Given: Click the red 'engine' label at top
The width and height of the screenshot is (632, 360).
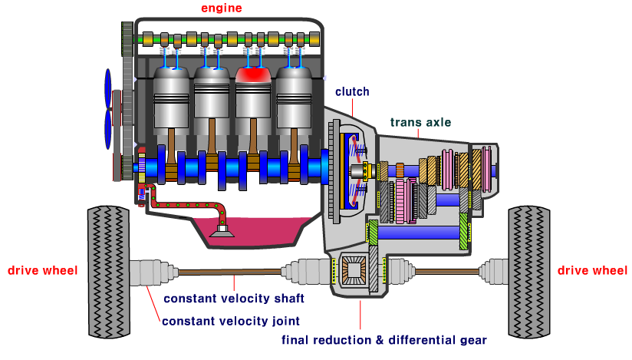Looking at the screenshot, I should pyautogui.click(x=221, y=8).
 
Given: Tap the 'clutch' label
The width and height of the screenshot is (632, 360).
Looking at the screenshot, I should pyautogui.click(x=352, y=91).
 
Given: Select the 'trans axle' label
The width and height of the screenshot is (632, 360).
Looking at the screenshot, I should pyautogui.click(x=420, y=122).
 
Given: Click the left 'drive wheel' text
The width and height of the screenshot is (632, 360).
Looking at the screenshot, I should pyautogui.click(x=42, y=270).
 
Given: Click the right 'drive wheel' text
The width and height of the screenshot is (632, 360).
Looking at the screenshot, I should pyautogui.click(x=592, y=270).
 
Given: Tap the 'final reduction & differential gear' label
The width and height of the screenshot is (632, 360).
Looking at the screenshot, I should pyautogui.click(x=383, y=340).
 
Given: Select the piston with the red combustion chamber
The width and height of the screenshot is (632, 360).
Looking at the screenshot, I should pyautogui.click(x=254, y=100).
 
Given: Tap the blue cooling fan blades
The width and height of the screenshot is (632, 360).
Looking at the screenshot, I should pyautogui.click(x=107, y=107).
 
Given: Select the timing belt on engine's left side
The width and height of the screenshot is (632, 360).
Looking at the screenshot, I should pyautogui.click(x=126, y=100).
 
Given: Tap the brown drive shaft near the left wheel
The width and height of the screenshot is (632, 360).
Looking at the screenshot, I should pyautogui.click(x=230, y=271).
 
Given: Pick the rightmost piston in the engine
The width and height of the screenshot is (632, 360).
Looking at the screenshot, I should pyautogui.click(x=295, y=100).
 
